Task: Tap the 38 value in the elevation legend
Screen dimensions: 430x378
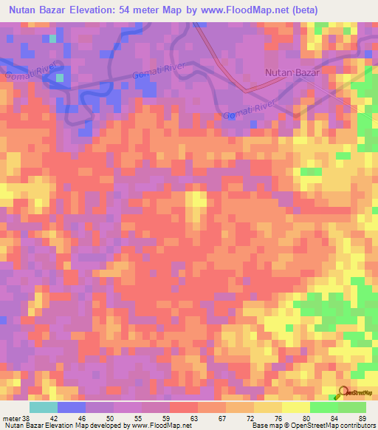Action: (x=27, y=419)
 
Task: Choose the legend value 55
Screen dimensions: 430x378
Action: (x=144, y=419)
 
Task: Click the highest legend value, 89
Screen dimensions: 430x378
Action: (x=362, y=419)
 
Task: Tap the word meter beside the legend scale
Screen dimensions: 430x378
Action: (x=13, y=419)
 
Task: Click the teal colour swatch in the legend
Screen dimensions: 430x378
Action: (x=43, y=407)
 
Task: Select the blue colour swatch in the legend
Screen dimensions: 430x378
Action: (x=71, y=407)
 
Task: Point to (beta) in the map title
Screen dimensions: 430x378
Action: (x=351, y=11)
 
